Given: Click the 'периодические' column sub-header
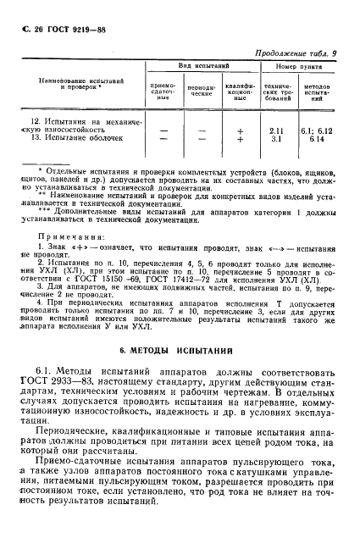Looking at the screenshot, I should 201,90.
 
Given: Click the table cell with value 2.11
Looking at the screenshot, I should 275,130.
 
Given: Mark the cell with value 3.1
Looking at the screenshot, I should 275,138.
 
